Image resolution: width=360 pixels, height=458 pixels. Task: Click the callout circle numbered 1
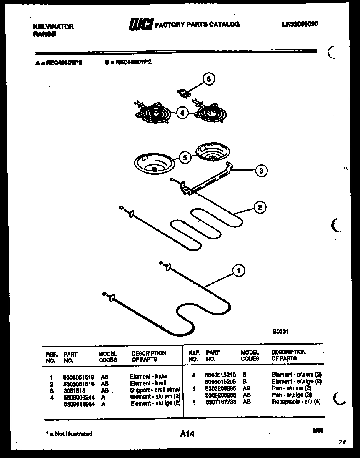[238, 271]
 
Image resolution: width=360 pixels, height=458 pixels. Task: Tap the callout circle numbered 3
[261, 170]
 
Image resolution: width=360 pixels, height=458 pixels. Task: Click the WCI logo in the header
[142, 25]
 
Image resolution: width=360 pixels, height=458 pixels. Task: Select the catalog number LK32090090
[300, 24]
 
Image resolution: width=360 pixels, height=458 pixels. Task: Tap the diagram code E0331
[280, 332]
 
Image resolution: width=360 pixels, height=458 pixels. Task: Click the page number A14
[187, 434]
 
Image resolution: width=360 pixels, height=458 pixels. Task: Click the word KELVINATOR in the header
[53, 26]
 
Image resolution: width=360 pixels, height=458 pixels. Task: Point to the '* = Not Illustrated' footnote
[67, 434]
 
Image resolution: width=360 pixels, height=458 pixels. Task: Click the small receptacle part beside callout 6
[183, 93]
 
